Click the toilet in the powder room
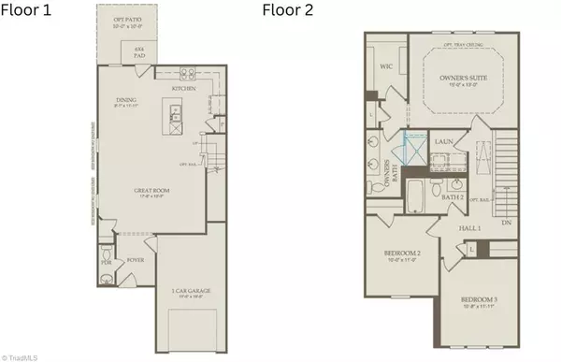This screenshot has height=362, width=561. point(106,255)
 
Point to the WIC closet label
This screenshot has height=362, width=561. point(386,67)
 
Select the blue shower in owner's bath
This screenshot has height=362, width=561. point(412,150)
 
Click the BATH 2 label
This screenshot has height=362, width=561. point(453,196)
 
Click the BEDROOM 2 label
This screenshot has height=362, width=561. point(402,254)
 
